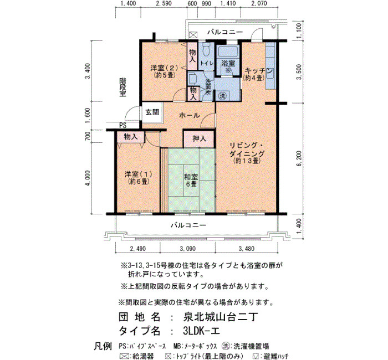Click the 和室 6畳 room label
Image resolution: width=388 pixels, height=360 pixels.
191,181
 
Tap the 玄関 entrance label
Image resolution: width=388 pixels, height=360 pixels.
152,112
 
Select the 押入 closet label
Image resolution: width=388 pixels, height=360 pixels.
199,138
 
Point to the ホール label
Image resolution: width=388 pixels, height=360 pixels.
190,115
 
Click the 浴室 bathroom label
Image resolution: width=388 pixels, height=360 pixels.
228,63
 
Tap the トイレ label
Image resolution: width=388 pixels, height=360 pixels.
207,63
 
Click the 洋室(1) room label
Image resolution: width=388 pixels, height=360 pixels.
139,174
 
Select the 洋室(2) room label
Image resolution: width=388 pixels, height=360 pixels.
164,68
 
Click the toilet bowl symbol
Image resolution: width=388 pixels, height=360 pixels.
206,49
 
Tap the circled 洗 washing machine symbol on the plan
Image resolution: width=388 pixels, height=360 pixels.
222,96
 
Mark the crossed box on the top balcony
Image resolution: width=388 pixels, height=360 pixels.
193,34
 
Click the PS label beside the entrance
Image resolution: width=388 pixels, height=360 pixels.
122,126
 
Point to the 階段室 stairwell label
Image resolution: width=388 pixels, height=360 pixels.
122,88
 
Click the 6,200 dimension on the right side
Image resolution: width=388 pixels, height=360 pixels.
299,158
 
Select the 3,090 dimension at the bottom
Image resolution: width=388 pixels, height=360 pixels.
188,249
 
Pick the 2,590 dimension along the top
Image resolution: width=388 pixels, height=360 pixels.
165,3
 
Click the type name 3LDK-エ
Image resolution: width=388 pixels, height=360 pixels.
201,331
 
